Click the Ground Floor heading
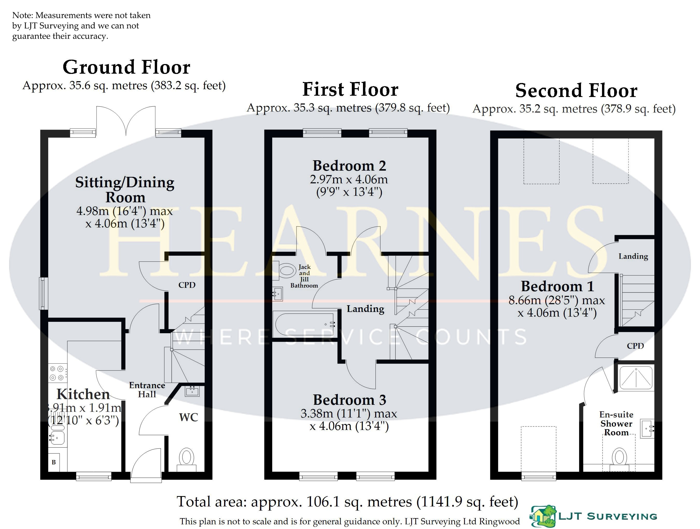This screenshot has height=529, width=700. [x=126, y=67]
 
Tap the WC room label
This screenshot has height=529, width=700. [x=188, y=417]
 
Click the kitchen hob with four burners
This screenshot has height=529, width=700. [x=58, y=373]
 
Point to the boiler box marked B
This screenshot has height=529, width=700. [x=54, y=462]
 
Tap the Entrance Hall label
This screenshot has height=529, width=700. [x=147, y=390]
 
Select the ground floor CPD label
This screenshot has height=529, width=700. [x=187, y=285]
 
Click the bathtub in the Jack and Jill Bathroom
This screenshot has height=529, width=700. [x=305, y=324]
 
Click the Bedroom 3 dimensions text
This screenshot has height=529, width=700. [x=349, y=420]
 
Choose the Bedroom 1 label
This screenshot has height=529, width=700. [x=557, y=287]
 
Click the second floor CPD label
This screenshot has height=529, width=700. [x=635, y=346]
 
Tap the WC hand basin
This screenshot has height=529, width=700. [x=192, y=391]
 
